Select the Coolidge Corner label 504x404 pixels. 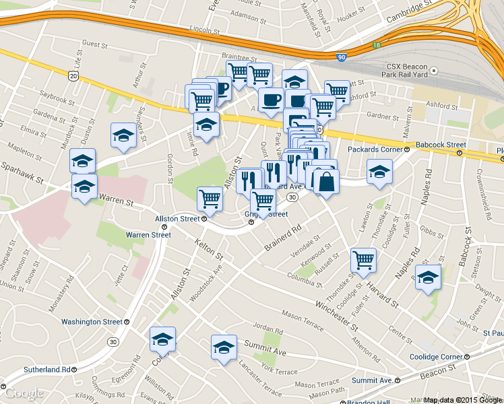[439, 357]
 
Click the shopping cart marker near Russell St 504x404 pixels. [364, 259]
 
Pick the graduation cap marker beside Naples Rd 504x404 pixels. [428, 277]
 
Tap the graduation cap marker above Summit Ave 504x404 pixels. [224, 347]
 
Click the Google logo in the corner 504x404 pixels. [24, 393]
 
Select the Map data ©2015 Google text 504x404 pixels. [463, 400]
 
